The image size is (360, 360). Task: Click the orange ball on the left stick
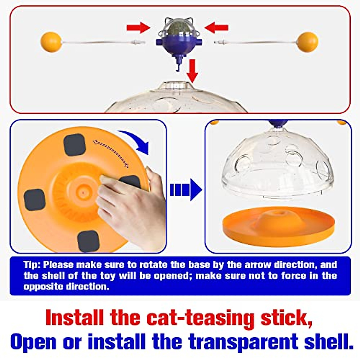[51, 42]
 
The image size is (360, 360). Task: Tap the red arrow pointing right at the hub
[138, 28]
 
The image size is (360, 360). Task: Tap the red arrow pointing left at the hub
[216, 28]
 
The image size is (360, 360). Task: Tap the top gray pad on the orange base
[75, 145]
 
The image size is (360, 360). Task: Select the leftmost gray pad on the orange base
[34, 200]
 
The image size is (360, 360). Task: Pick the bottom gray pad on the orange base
[88, 241]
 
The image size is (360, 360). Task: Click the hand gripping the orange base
[132, 207]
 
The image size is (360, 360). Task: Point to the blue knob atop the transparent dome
[278, 123]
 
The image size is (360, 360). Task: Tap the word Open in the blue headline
[34, 341]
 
